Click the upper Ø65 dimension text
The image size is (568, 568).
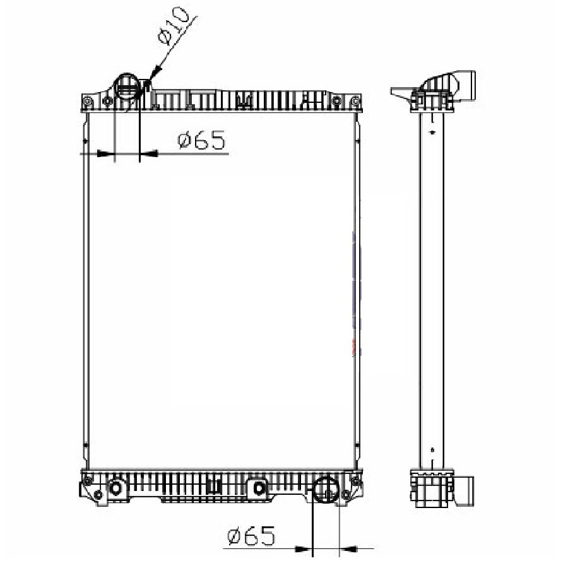(201, 140)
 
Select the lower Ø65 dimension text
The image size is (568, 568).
(251, 536)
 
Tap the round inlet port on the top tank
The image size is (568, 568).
(127, 86)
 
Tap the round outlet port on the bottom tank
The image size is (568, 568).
(326, 489)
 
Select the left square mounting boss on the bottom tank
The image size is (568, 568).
(115, 488)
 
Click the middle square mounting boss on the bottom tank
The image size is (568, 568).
(259, 488)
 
